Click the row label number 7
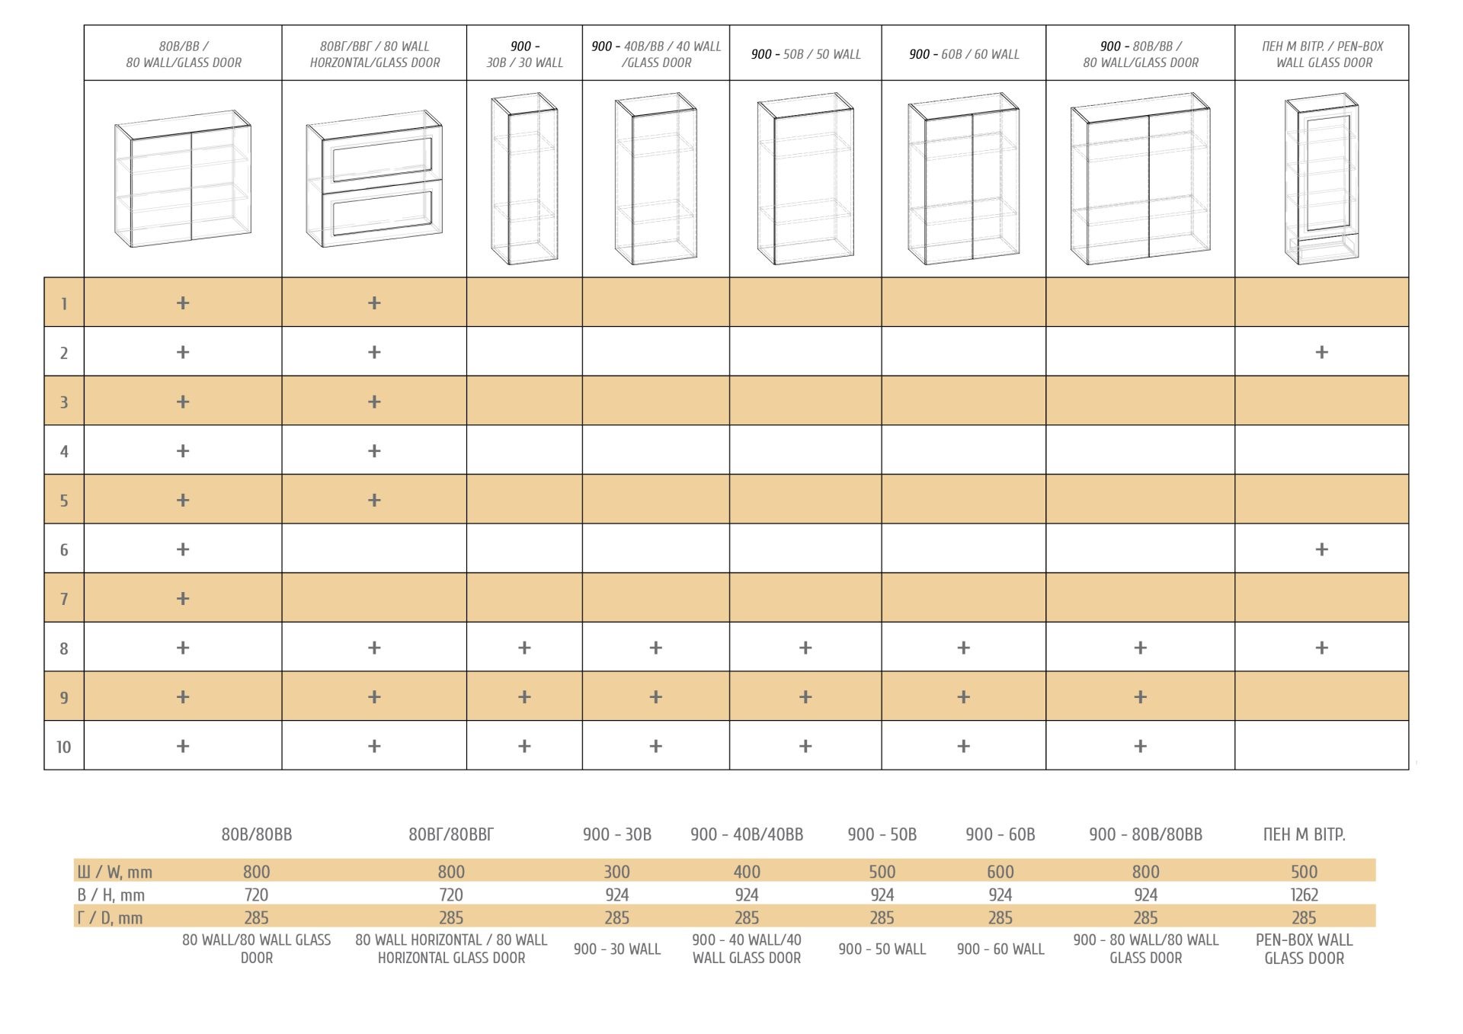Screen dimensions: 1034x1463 pos(64,599)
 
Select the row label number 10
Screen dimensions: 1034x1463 pos(64,747)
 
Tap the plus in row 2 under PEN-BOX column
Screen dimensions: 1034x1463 pos(1321,352)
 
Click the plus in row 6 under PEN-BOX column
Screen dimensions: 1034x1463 pos(1321,549)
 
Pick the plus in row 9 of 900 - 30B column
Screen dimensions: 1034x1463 pos(524,697)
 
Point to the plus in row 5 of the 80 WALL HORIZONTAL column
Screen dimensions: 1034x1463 pos(374,501)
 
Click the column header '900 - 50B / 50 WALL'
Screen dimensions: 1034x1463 pos(805,54)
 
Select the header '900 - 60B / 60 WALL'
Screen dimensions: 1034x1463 pos(963,54)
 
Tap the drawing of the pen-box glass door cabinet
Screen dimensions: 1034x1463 pos(1321,179)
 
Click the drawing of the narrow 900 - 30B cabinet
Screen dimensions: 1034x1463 pos(524,179)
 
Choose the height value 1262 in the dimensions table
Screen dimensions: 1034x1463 pos(1304,895)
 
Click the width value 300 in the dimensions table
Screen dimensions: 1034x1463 pos(616,872)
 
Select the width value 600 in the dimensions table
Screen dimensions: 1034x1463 pos(1000,872)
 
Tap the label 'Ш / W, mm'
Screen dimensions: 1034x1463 pos(114,872)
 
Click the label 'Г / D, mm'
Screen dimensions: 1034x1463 pos(110,918)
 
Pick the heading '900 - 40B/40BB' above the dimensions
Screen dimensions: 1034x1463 pos(747,835)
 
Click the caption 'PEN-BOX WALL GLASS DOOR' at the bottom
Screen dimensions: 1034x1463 pos(1304,949)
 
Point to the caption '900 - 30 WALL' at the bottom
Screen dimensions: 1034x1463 pos(616,949)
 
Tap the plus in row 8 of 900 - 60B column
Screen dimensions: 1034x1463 pos(963,648)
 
